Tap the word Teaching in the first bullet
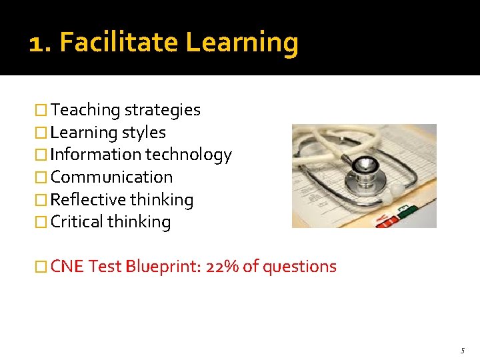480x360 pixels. pos(85,111)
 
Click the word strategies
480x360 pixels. pos(163,110)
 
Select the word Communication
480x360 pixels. pos(111,177)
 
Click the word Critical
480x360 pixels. pos(75,222)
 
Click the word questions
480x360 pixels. pos(299,267)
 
